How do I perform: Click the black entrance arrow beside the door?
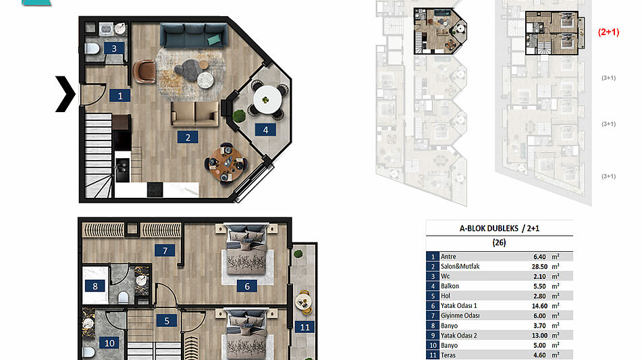pos(65,94)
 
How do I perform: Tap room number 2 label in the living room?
pos(188,138)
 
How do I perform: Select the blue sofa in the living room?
pos(194,35)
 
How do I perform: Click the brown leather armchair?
pos(144,72)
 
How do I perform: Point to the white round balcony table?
pos(267,99)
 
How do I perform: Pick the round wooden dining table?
pos(225,163)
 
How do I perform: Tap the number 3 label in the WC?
pos(114,49)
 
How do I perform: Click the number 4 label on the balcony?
pos(265,130)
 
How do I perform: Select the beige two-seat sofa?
pos(195,113)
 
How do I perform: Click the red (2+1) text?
pos(608,32)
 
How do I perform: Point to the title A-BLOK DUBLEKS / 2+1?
pos(499,228)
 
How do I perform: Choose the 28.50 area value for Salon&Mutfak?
pos(539,267)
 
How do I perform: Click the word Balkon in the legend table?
pos(450,286)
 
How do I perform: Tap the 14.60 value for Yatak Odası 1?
pos(539,306)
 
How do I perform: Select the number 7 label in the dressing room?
pos(165,251)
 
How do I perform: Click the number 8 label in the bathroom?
pos(95,286)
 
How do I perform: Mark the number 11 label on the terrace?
pos(305,327)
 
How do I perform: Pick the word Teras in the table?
pos(448,355)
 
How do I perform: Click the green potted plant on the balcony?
pos(239,116)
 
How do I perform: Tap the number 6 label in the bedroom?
pos(247,286)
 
